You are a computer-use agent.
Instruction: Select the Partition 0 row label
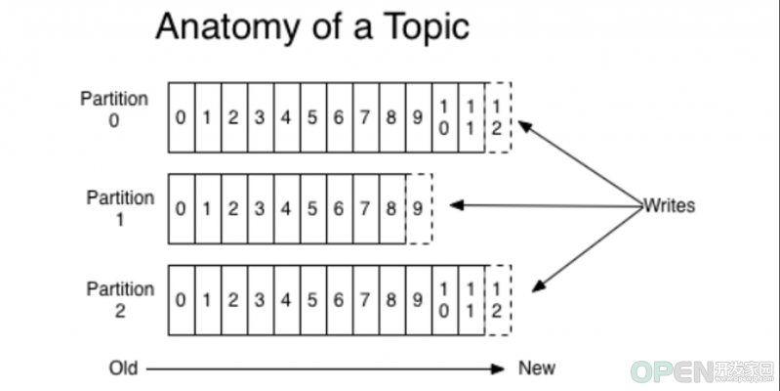114,109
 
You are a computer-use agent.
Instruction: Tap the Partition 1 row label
120,208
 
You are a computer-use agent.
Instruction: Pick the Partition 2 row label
120,300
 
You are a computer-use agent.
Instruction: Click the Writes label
669,205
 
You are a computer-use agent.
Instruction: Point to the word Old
123,369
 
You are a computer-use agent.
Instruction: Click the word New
537,369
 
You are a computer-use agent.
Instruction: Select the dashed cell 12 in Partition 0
498,117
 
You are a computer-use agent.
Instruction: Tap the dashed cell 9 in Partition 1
419,209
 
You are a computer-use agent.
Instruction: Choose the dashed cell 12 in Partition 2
498,300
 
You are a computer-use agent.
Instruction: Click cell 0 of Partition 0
182,117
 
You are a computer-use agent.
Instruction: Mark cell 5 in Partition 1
313,209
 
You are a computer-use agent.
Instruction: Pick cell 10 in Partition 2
445,300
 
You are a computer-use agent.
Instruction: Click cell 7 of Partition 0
366,117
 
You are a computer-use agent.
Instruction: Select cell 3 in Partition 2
261,300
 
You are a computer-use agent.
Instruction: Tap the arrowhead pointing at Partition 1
456,204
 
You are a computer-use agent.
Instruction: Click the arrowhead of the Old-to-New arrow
498,369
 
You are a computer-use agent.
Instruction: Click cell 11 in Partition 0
472,117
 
